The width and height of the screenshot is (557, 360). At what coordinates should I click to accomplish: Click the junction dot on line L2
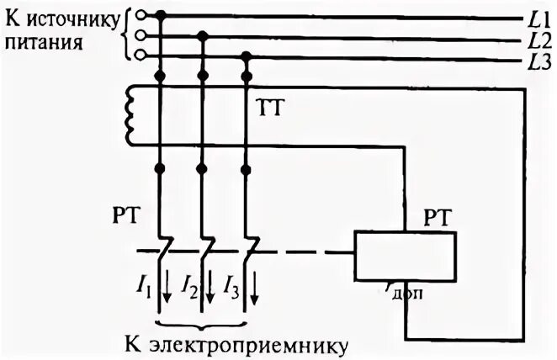click(x=202, y=35)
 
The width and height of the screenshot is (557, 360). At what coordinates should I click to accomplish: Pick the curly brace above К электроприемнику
click(x=202, y=323)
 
